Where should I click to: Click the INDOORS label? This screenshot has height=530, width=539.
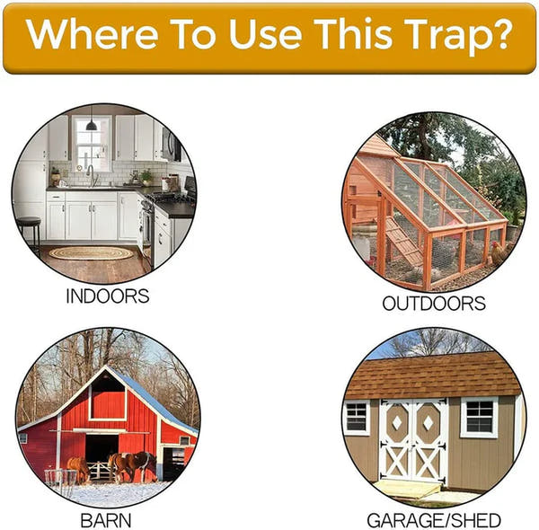click(x=107, y=296)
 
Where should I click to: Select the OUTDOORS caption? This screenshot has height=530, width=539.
click(x=434, y=303)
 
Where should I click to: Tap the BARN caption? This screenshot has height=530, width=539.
click(x=106, y=520)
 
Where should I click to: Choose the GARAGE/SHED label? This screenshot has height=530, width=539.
click(x=434, y=520)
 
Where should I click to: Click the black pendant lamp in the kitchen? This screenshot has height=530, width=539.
click(x=91, y=124)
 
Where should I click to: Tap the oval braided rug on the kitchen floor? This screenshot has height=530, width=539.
click(x=91, y=253)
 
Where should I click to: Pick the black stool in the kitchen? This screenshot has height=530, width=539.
click(x=29, y=232)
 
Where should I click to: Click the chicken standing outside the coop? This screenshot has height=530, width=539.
click(x=497, y=254)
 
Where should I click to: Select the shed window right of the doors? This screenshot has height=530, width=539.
click(x=478, y=417)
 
